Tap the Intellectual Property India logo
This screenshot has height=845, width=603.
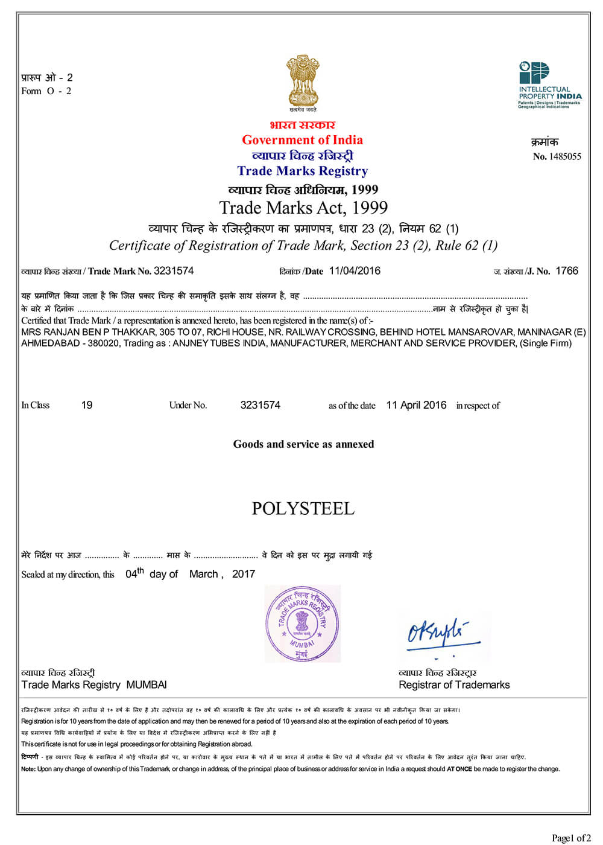549,84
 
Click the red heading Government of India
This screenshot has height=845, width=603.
302,140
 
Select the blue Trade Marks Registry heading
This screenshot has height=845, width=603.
302,171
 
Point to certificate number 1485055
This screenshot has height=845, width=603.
565,156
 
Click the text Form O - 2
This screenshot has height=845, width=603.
46,91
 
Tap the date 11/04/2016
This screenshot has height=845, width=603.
355,270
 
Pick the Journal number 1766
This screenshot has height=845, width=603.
566,270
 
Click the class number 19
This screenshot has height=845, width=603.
87,405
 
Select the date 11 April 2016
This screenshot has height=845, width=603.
416,405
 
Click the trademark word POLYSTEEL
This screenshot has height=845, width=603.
303,508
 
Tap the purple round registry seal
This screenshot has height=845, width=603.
302,623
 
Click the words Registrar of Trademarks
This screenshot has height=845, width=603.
454,684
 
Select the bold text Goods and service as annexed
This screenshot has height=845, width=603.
303,444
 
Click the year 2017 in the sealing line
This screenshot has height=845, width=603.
244,574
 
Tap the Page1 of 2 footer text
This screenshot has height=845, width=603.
571,837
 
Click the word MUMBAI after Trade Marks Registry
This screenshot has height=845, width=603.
147,684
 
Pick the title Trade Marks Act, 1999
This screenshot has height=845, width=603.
303,208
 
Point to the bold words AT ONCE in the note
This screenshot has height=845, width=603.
459,769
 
